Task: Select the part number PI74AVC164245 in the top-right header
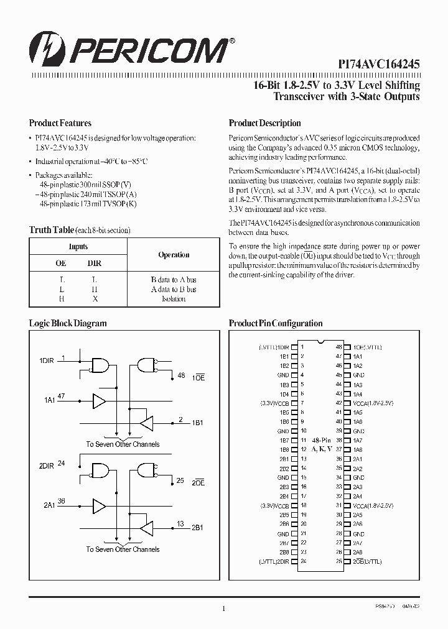(379, 63)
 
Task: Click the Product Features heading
(60, 123)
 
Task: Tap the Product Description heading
(264, 123)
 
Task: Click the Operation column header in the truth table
(174, 255)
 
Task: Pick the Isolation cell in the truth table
(174, 299)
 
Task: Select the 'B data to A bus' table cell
(174, 280)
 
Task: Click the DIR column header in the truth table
(95, 264)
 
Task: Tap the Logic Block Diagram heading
(68, 323)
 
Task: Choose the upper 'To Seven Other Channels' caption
(123, 444)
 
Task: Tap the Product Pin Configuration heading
(276, 323)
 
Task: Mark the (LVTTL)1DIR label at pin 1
(274, 347)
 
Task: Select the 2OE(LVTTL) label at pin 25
(367, 561)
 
